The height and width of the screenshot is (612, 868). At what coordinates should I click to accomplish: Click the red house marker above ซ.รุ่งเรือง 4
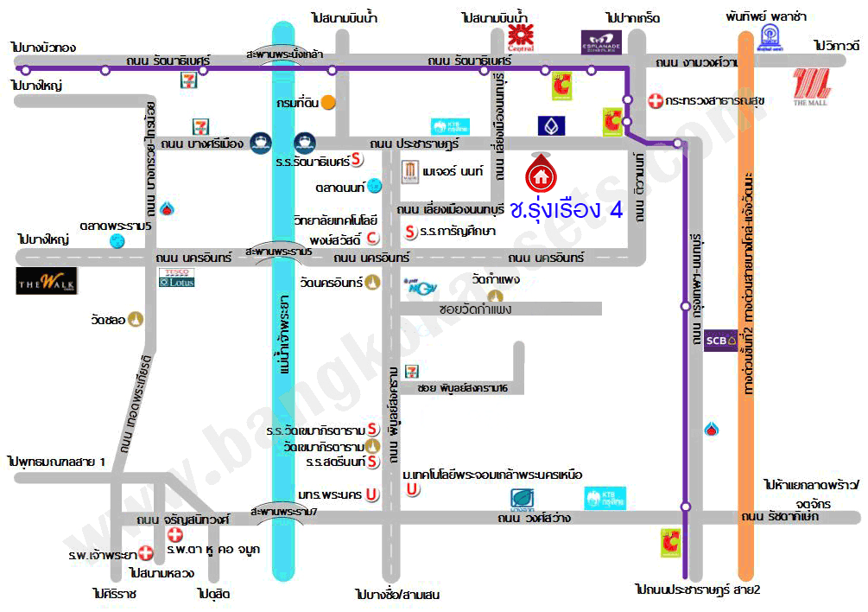541,175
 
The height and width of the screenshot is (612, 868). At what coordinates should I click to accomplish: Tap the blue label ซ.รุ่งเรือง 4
567,209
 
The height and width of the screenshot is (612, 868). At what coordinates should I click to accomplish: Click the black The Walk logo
47,280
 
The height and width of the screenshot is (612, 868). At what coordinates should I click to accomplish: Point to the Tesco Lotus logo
177,277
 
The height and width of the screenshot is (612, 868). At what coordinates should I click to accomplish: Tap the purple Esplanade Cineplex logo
601,41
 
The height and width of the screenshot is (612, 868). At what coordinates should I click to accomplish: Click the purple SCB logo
720,339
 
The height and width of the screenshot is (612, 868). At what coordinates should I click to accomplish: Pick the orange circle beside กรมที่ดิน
328,101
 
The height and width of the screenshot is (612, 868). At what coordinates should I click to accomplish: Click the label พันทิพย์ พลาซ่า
766,16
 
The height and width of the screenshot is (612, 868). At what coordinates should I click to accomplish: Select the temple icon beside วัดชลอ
136,320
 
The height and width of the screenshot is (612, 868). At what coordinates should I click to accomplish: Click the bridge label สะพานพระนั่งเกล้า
284,54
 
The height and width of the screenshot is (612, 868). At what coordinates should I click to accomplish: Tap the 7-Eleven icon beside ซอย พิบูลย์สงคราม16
417,370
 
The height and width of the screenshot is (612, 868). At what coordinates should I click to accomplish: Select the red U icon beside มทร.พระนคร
371,494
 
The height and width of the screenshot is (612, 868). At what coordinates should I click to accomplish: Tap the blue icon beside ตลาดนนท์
374,185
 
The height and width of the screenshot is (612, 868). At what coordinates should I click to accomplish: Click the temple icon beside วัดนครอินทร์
371,282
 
